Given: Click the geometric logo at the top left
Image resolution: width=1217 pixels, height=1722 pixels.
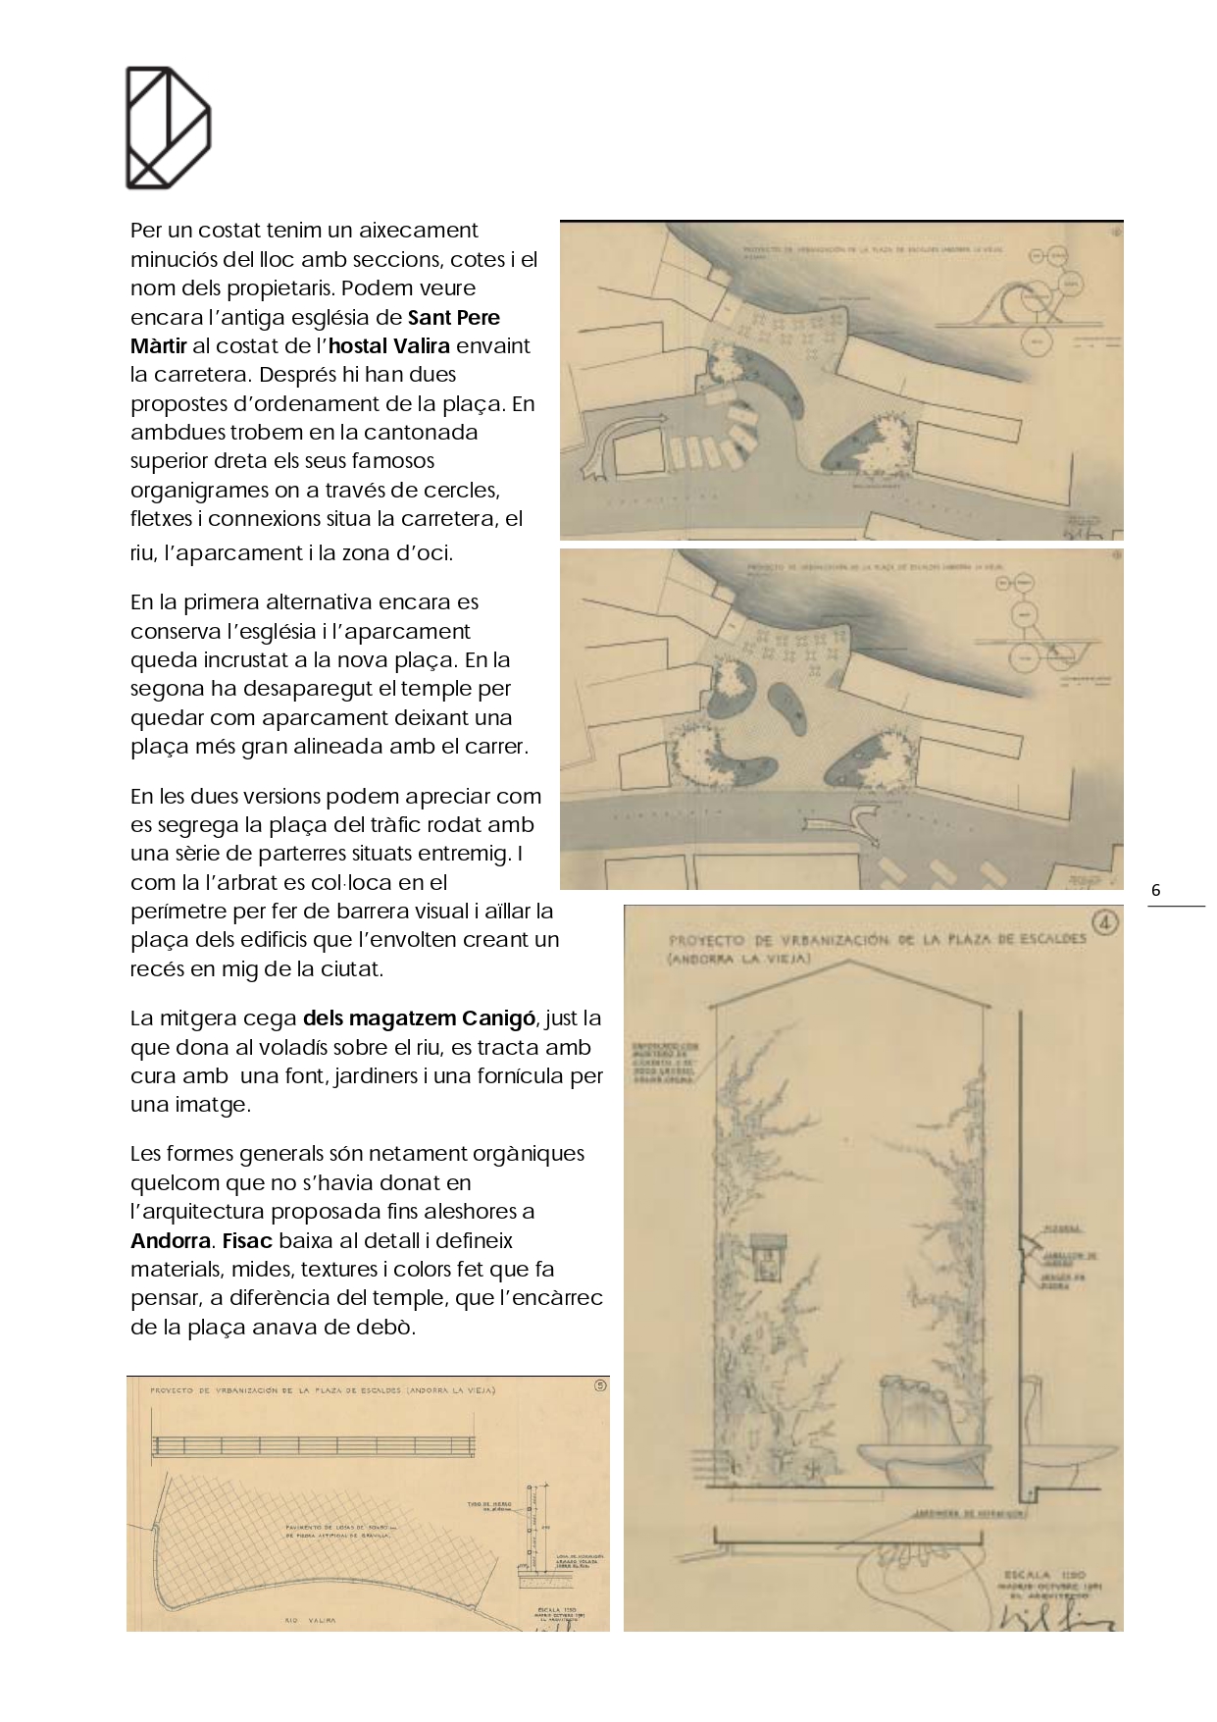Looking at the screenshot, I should pos(168,128).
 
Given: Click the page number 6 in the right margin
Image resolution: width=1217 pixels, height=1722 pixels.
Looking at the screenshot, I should pos(1156,890).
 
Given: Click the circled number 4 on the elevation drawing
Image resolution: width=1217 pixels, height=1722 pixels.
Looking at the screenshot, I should pos(1105,922).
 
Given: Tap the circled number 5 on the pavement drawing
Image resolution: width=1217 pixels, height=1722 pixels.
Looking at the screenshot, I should pos(600,1386).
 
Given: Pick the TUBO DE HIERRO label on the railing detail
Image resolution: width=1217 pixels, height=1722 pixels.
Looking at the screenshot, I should pos(486,1505).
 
